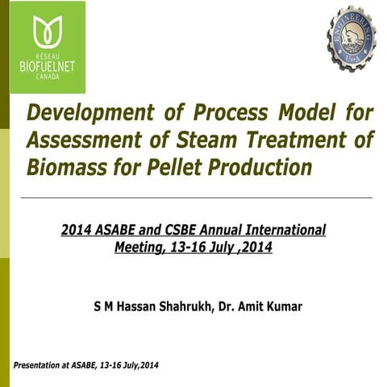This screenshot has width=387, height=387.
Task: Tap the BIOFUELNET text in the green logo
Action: point(47,66)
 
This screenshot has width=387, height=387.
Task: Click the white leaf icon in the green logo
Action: point(47,32)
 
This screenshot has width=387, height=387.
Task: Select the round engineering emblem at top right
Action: point(339,34)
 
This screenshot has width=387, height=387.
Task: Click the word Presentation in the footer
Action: point(35,366)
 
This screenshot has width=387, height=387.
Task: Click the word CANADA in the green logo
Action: point(47,78)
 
